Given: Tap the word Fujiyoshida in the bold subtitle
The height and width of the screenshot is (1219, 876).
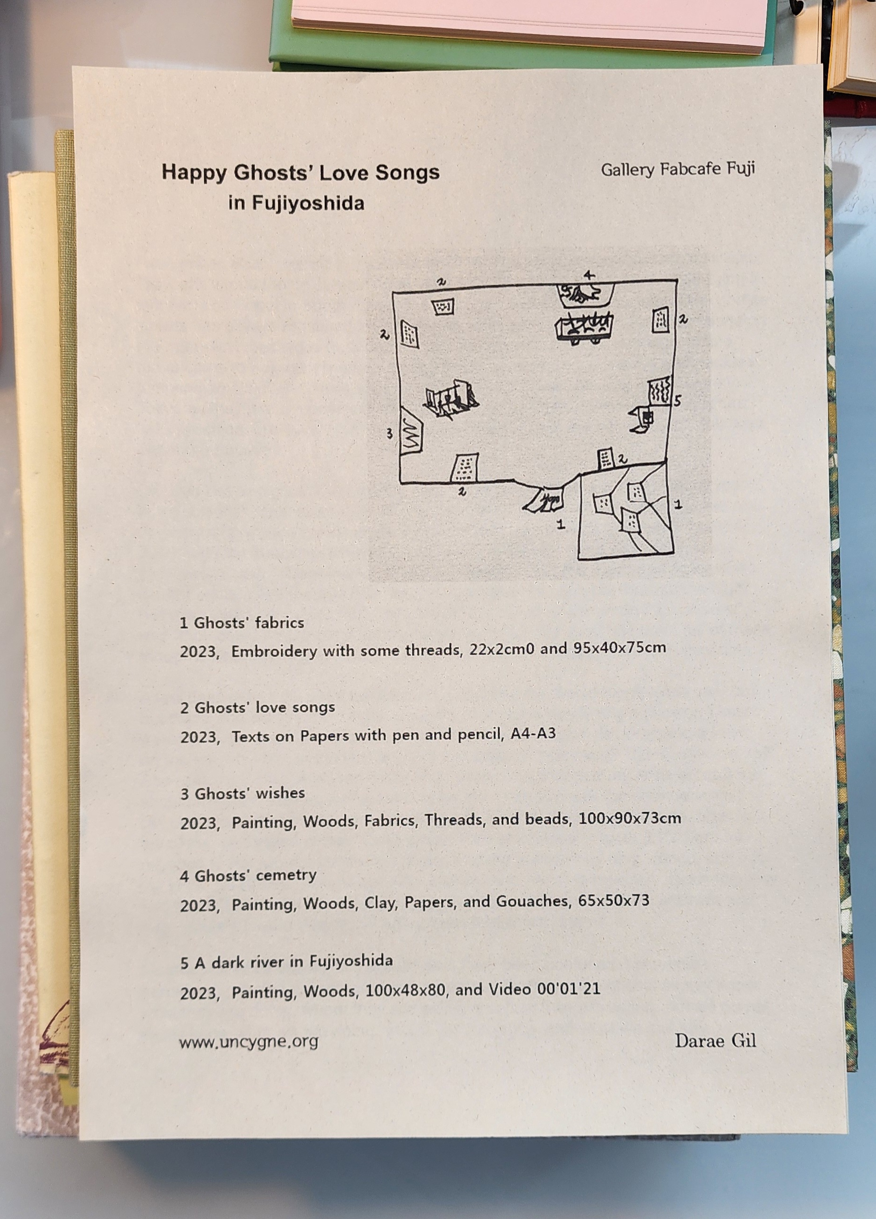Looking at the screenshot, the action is pyautogui.click(x=309, y=203).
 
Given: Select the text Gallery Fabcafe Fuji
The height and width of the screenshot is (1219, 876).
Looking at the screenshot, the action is pyautogui.click(x=678, y=169).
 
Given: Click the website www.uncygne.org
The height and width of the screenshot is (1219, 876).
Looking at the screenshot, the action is pyautogui.click(x=248, y=1042).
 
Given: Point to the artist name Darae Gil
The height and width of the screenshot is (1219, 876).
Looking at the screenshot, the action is pyautogui.click(x=715, y=1040).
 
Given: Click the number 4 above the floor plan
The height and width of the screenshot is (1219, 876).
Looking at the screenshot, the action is pyautogui.click(x=589, y=276).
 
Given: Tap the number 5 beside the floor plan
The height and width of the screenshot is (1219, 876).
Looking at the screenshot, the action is pyautogui.click(x=677, y=400).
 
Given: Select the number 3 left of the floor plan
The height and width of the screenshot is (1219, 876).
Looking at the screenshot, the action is pyautogui.click(x=390, y=433).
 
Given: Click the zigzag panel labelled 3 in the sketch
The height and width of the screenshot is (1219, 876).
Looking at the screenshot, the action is pyautogui.click(x=411, y=432).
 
